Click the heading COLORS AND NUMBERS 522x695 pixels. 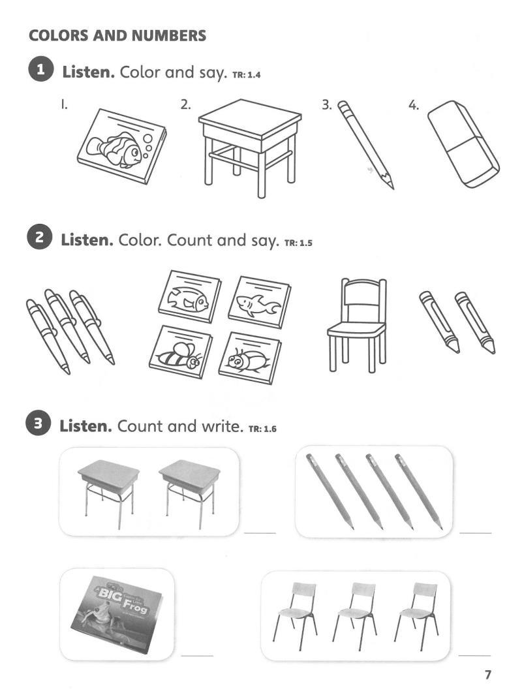[x=117, y=35]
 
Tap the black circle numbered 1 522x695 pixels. [x=40, y=70]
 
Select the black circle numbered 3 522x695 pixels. [x=38, y=424]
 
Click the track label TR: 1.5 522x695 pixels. [x=298, y=243]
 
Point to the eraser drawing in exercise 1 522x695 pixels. [x=463, y=144]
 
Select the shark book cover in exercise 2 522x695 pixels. [x=260, y=302]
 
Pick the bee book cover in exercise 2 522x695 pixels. [x=181, y=352]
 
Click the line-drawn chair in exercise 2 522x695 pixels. [x=357, y=325]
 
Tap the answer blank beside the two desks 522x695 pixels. [x=260, y=533]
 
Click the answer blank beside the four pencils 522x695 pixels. [x=476, y=533]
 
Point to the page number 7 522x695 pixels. [x=488, y=675]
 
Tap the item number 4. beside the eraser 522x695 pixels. [x=414, y=106]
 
